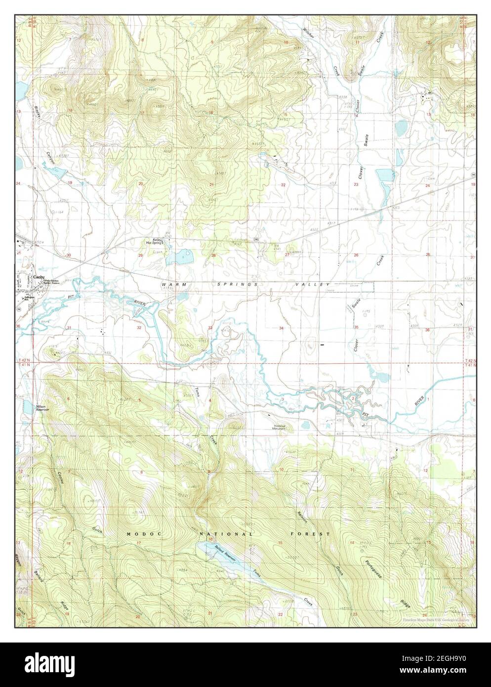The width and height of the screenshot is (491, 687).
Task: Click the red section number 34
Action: [x=282, y=328]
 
